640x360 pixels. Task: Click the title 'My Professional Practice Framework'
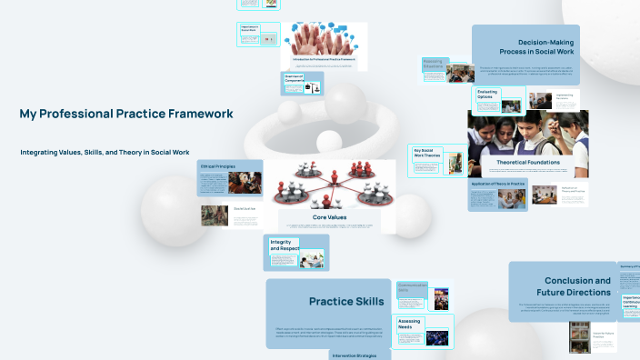coord(125,114)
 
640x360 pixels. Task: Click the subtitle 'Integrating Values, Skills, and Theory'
coord(105,152)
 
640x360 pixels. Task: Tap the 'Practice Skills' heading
coord(346,301)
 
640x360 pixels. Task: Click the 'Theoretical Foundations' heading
coord(528,162)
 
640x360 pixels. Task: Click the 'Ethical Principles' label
coord(218,167)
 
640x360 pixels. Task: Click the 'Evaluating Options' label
coord(485,94)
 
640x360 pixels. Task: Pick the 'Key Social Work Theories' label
coord(426,155)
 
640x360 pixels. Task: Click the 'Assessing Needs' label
coord(409,324)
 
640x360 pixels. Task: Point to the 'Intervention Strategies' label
coord(359,355)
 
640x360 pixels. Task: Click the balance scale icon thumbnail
coord(315,87)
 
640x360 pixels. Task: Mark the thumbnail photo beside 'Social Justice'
coord(215,215)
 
